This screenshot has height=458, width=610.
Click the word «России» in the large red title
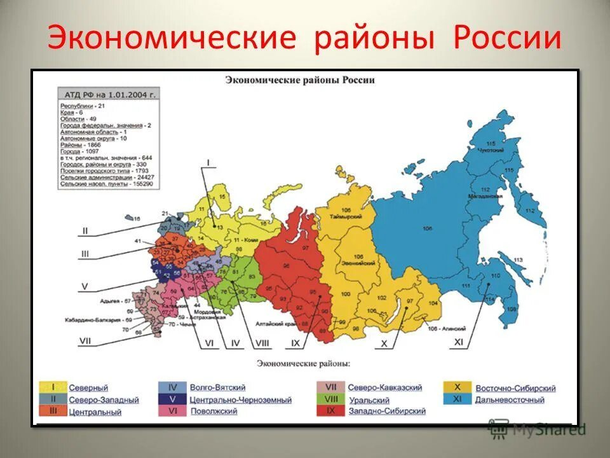[x=507, y=38]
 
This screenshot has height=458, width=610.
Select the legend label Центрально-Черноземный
[x=240, y=400]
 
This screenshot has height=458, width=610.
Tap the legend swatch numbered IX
[x=331, y=411]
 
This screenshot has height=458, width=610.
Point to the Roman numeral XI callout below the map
[x=459, y=342]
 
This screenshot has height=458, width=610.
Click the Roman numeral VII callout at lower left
[x=85, y=341]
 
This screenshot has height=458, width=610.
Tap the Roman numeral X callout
[x=384, y=343]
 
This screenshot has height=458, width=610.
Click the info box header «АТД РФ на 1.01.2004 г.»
[x=108, y=94]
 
